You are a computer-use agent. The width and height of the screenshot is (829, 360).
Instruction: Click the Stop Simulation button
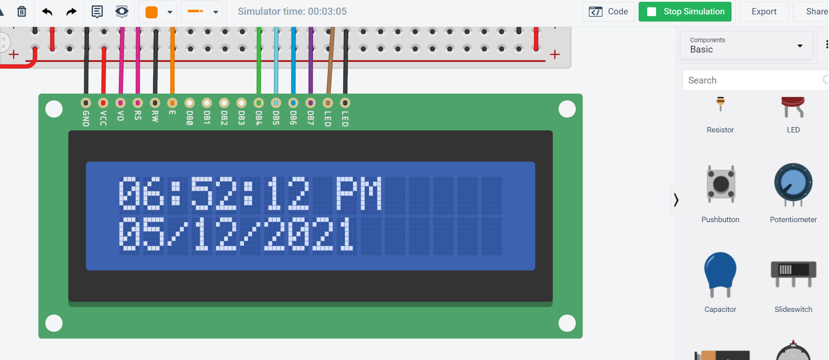click(x=685, y=12)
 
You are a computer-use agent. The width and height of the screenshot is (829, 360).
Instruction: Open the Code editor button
click(x=609, y=12)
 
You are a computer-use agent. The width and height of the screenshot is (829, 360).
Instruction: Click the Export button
click(x=763, y=12)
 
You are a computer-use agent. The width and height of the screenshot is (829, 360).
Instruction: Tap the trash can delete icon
click(x=22, y=12)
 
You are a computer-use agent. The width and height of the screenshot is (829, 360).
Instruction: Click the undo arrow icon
click(x=47, y=12)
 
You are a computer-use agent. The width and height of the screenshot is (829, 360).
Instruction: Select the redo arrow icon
click(x=71, y=12)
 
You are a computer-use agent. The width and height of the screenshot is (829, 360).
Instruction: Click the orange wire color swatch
click(x=152, y=12)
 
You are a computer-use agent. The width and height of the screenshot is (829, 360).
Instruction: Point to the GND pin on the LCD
click(x=86, y=103)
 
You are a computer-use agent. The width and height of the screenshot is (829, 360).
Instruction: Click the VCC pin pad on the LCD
click(x=103, y=103)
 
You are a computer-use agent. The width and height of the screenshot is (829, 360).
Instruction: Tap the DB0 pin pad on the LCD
click(x=190, y=103)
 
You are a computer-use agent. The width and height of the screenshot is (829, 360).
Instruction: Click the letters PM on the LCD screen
click(x=359, y=194)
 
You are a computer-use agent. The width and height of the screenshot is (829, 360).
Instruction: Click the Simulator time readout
click(x=292, y=12)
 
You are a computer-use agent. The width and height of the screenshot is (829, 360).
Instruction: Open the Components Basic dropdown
click(x=746, y=45)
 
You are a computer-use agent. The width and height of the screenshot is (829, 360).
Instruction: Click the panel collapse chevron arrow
click(x=675, y=200)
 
